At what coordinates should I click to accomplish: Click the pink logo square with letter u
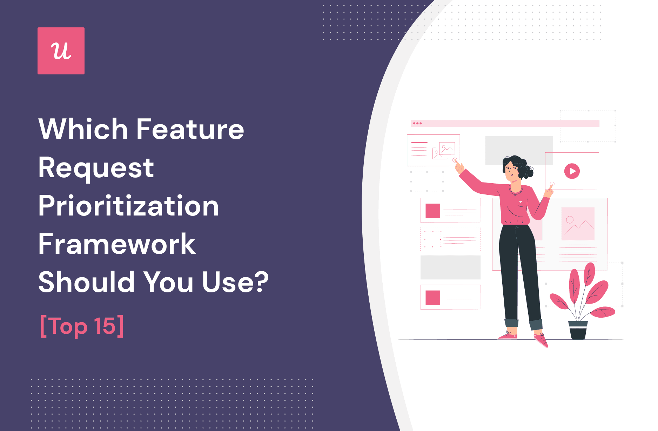tap(61, 51)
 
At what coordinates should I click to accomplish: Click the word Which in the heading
tap(83, 129)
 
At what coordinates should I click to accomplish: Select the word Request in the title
tap(96, 168)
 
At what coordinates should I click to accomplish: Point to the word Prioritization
tap(128, 206)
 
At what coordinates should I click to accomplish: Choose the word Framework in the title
tap(117, 244)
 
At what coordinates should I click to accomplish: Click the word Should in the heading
tap(86, 282)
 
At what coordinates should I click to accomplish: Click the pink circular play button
tap(572, 171)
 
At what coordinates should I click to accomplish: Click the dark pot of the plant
tap(578, 330)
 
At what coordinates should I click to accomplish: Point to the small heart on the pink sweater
tap(521, 201)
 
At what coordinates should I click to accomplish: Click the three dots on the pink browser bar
tap(417, 124)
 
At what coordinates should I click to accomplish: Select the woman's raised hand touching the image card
tap(458, 166)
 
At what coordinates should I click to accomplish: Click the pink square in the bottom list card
tap(433, 298)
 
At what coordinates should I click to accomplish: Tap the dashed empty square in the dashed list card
tap(433, 239)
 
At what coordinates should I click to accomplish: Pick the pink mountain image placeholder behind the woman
tap(578, 224)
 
